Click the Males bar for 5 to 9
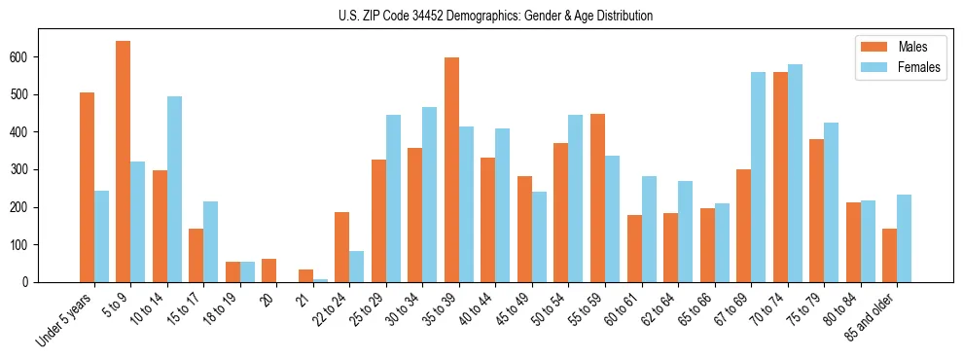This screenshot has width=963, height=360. (x=123, y=162)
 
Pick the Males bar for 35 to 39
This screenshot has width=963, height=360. (x=451, y=169)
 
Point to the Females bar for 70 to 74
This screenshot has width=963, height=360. (x=795, y=173)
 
